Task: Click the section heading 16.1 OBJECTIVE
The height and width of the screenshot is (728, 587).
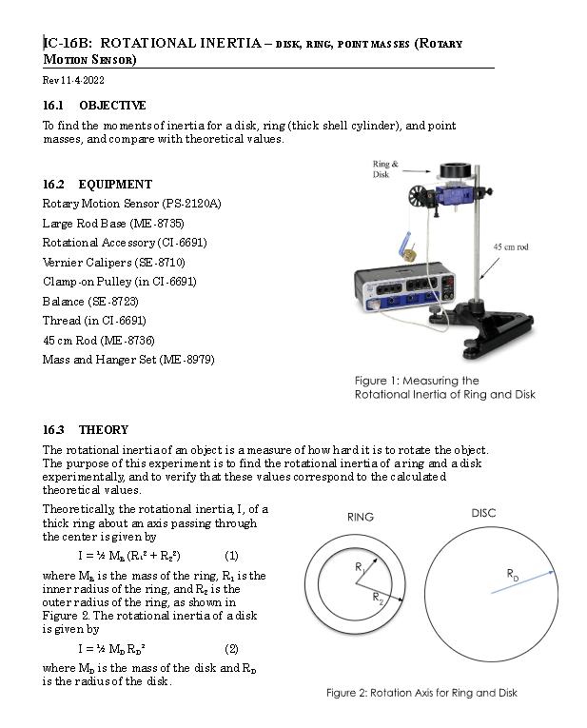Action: pos(94,105)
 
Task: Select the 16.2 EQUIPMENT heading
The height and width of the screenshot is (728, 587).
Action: pos(97,184)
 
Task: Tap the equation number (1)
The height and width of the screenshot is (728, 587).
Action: pos(230,555)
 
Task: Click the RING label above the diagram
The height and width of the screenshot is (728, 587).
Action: pos(361,517)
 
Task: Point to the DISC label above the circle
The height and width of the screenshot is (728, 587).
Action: pos(483,513)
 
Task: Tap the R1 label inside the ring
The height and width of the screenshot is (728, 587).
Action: pos(360,567)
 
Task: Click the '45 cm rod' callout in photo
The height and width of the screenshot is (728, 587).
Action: pos(512,246)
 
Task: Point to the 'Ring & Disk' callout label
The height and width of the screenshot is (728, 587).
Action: pos(385,169)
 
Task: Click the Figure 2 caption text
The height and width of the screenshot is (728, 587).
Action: pos(421,693)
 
